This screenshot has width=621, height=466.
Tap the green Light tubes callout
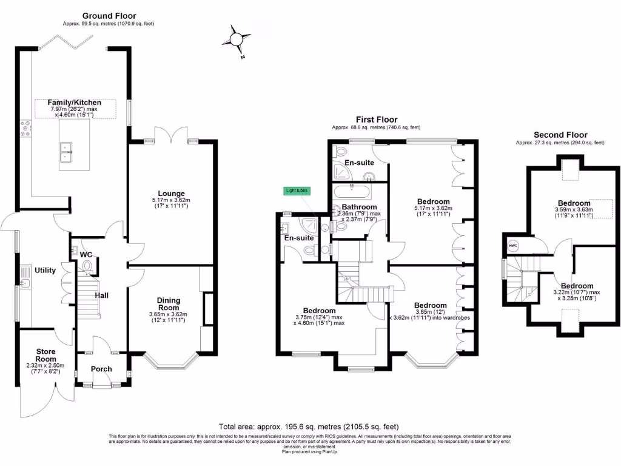click(x=297, y=191)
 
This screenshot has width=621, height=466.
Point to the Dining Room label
click(x=168, y=304)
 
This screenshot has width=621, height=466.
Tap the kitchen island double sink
click(x=66, y=151)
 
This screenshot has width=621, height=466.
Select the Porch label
click(x=101, y=369)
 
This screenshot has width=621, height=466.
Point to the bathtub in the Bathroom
click(x=352, y=194)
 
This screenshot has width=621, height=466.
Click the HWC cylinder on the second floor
click(x=512, y=246)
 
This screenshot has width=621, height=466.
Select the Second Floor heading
click(x=560, y=135)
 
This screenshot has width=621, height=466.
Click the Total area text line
click(x=309, y=427)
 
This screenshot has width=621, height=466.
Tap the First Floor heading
click(x=375, y=120)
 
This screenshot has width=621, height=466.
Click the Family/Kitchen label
click(x=75, y=103)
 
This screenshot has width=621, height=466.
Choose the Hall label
click(x=101, y=295)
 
